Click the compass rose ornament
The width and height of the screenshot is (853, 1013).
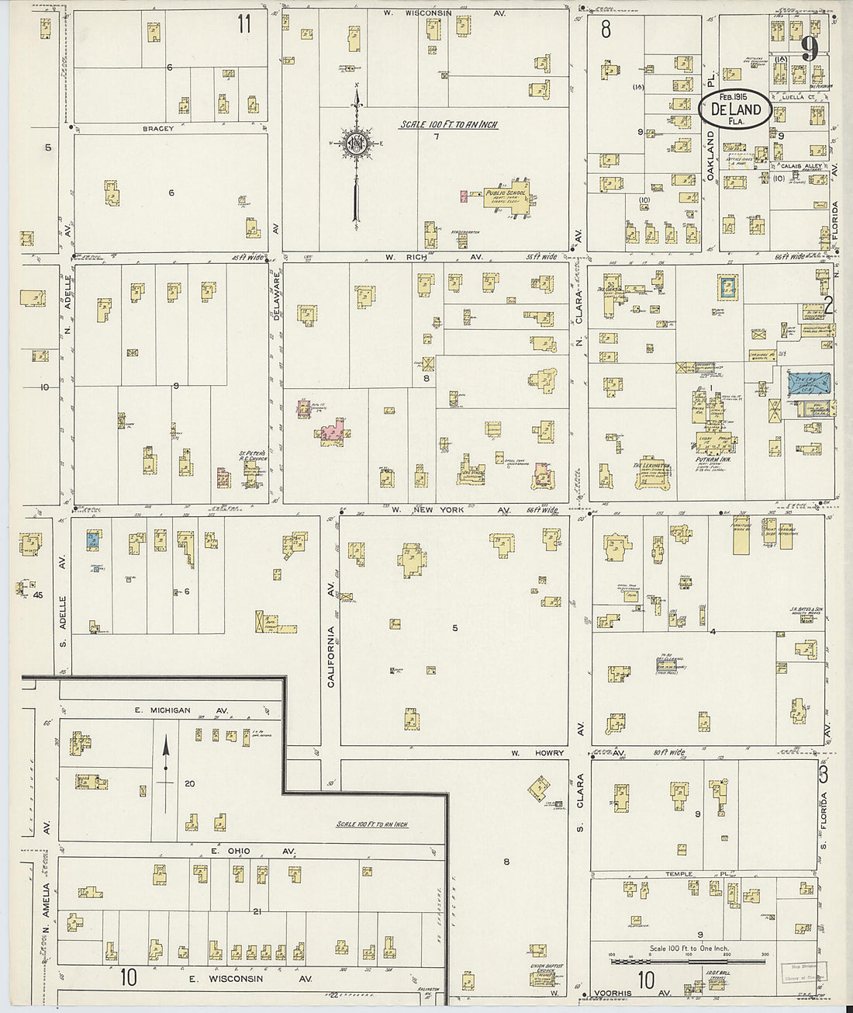355,143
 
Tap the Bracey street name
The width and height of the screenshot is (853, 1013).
158,128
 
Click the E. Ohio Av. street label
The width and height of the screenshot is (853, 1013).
253,851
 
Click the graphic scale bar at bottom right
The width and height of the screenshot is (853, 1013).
689,962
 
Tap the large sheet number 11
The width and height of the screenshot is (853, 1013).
244,24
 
